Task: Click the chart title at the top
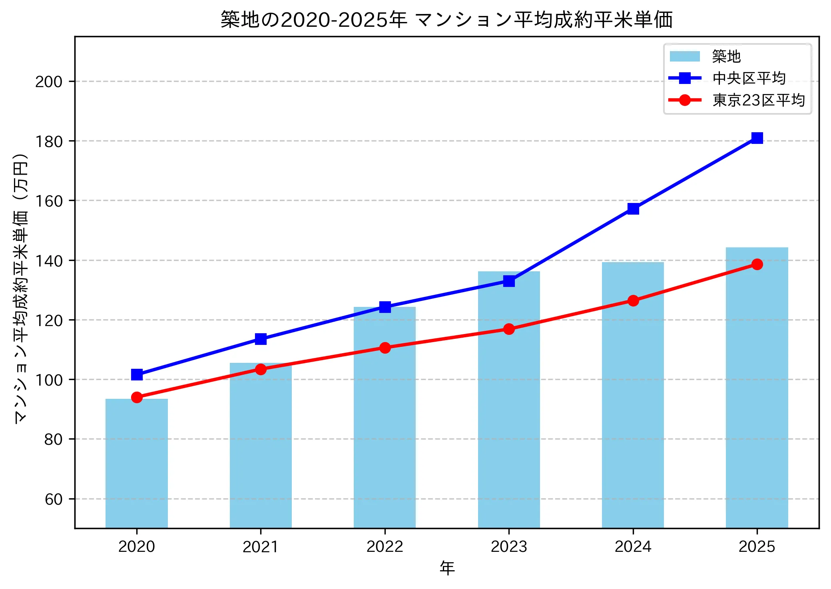(x=446, y=20)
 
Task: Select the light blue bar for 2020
(x=137, y=464)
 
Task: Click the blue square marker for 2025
(x=757, y=138)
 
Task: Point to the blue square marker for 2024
(x=633, y=209)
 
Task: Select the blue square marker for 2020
(x=137, y=374)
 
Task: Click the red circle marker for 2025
(x=757, y=264)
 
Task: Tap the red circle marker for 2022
(x=385, y=348)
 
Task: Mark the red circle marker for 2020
(x=137, y=397)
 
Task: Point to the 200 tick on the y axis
(x=49, y=82)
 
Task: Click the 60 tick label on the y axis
(x=54, y=499)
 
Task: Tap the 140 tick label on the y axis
(x=49, y=261)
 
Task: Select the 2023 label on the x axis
(x=508, y=546)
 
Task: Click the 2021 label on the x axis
(x=261, y=546)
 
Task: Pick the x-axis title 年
(x=447, y=568)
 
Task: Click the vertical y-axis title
(x=21, y=288)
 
